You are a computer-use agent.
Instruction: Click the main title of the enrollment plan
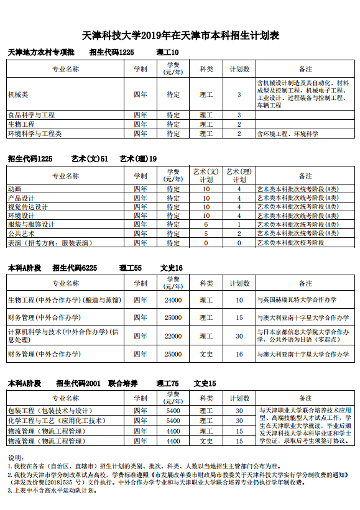[181, 36]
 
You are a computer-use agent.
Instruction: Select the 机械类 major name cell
[18, 94]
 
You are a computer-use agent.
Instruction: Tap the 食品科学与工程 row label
[32, 115]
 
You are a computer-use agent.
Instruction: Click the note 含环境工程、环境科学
[287, 134]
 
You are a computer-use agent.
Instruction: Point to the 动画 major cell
[14, 188]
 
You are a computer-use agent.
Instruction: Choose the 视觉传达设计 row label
[28, 206]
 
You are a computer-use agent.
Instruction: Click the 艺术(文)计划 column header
[206, 175]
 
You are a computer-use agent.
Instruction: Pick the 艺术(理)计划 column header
[239, 175]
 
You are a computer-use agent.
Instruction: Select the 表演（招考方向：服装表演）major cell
[50, 243]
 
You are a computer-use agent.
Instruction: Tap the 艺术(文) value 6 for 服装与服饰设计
[206, 224]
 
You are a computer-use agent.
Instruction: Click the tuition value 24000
[173, 300]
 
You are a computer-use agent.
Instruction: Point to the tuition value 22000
[173, 336]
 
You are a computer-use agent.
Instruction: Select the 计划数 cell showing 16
[239, 354]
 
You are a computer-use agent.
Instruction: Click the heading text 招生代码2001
[78, 383]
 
